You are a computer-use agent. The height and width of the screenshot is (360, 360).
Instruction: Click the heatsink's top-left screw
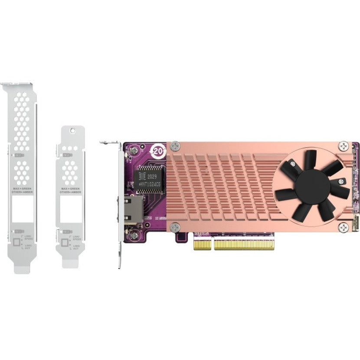pyautogui.click(x=174, y=146)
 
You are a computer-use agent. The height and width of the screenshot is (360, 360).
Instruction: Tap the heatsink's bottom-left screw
pyautogui.click(x=174, y=227)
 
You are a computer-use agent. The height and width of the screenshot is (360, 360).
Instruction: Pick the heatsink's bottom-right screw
pyautogui.click(x=343, y=227)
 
